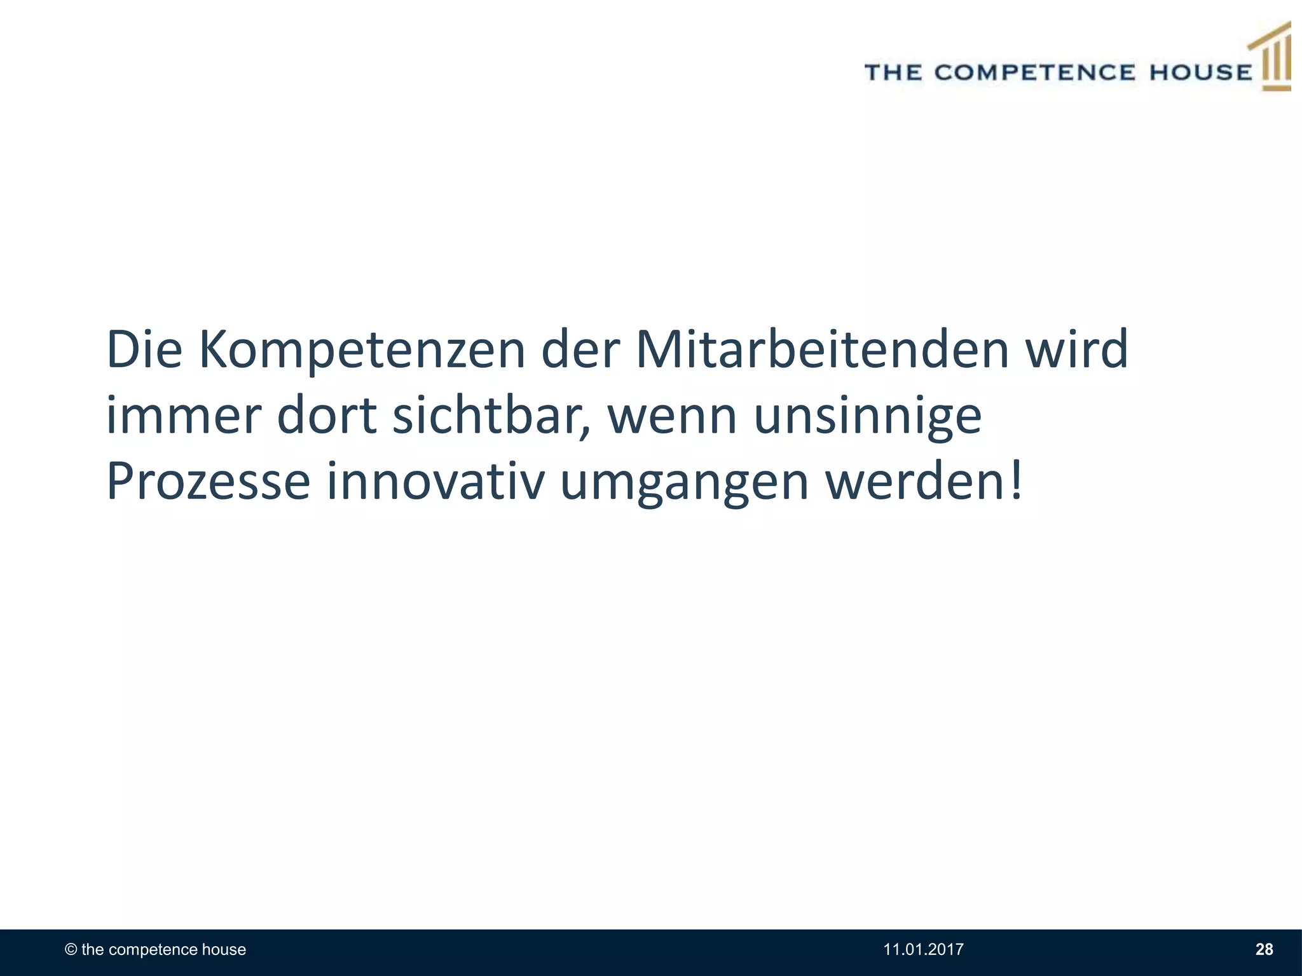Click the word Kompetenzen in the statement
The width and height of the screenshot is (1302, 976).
pyautogui.click(x=362, y=351)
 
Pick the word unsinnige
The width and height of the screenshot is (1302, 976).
pyautogui.click(x=868, y=418)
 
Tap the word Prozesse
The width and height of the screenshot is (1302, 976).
pyautogui.click(x=208, y=481)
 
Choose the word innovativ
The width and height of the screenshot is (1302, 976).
pyautogui.click(x=435, y=481)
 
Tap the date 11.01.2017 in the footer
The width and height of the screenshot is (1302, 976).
pyautogui.click(x=923, y=950)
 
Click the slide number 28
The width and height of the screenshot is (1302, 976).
pyautogui.click(x=1264, y=950)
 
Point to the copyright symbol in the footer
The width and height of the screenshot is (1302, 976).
pyautogui.click(x=71, y=950)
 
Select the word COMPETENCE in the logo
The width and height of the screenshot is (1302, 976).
pyautogui.click(x=1034, y=72)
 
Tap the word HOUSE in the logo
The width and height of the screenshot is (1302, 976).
pyautogui.click(x=1200, y=72)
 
